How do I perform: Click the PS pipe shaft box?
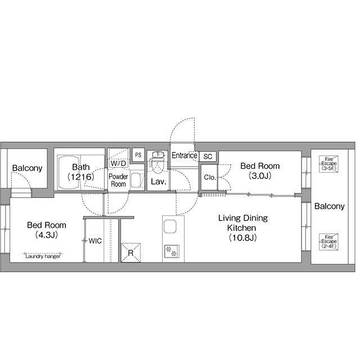tap(138, 155)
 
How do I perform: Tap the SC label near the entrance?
tap(208, 156)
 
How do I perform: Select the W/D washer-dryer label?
tap(119, 163)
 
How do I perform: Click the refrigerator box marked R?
tap(130, 253)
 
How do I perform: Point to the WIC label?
tap(95, 241)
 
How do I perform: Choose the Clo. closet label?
tap(210, 177)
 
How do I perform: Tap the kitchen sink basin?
tap(170, 226)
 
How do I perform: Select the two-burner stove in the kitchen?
tap(172, 251)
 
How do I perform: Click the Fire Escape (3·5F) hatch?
tap(328, 164)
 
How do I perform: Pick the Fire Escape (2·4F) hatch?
tap(328, 242)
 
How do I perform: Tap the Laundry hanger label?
tap(43, 256)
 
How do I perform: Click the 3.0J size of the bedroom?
tap(260, 176)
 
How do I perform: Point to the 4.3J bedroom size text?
tap(46, 235)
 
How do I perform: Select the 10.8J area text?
tap(242, 238)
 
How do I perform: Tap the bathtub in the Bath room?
tap(69, 173)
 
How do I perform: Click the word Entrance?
tap(184, 155)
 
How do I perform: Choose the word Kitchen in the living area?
tap(241, 228)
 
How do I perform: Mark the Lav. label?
tap(159, 182)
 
